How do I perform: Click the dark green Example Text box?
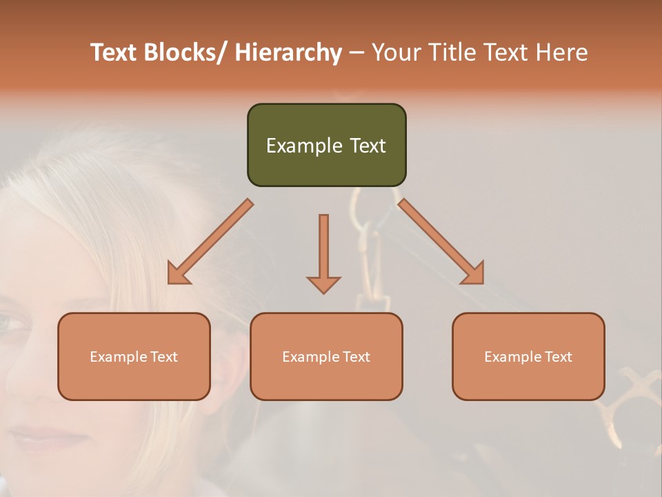(326, 145)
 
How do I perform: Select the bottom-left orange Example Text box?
(134, 356)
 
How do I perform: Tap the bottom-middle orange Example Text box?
(326, 356)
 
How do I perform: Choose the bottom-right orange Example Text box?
(528, 356)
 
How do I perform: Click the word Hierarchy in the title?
(288, 52)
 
